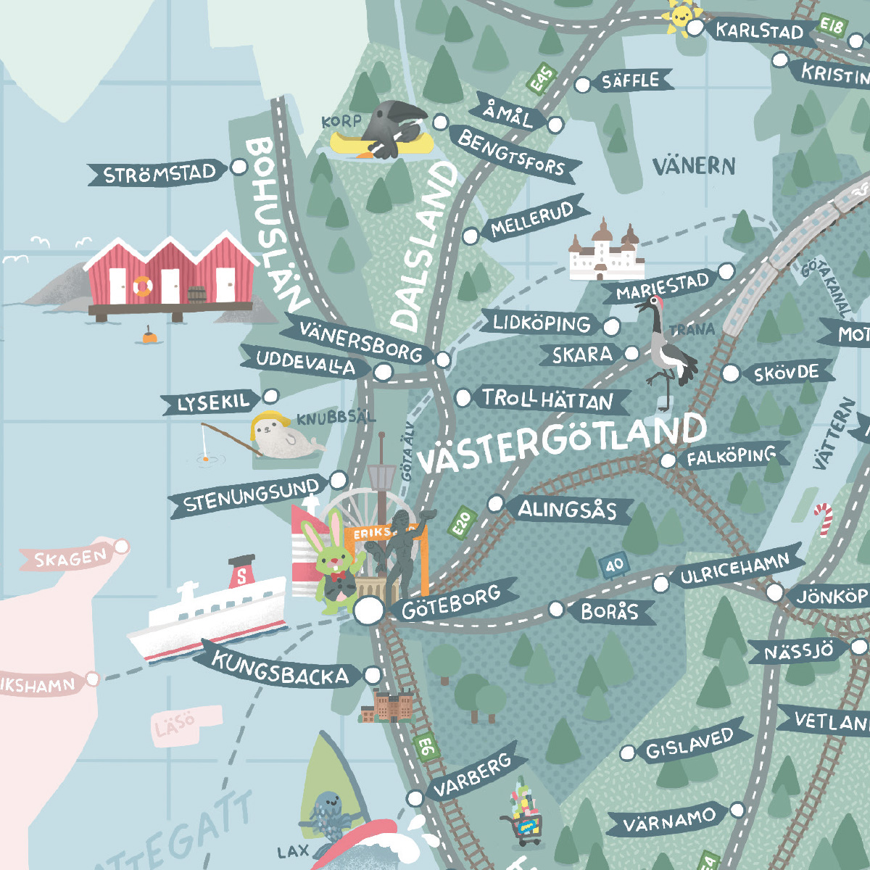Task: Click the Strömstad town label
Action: (x=159, y=175)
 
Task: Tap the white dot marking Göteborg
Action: (x=368, y=610)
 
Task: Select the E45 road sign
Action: (x=542, y=79)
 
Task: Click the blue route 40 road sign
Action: (x=614, y=565)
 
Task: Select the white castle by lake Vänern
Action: (x=605, y=251)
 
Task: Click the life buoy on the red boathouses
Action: (x=142, y=286)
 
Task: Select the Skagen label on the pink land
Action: (x=71, y=558)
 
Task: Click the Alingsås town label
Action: (x=567, y=510)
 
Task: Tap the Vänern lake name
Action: (x=694, y=166)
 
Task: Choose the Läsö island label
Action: (x=175, y=724)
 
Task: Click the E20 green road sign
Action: (x=461, y=523)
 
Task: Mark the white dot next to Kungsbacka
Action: (x=372, y=675)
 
